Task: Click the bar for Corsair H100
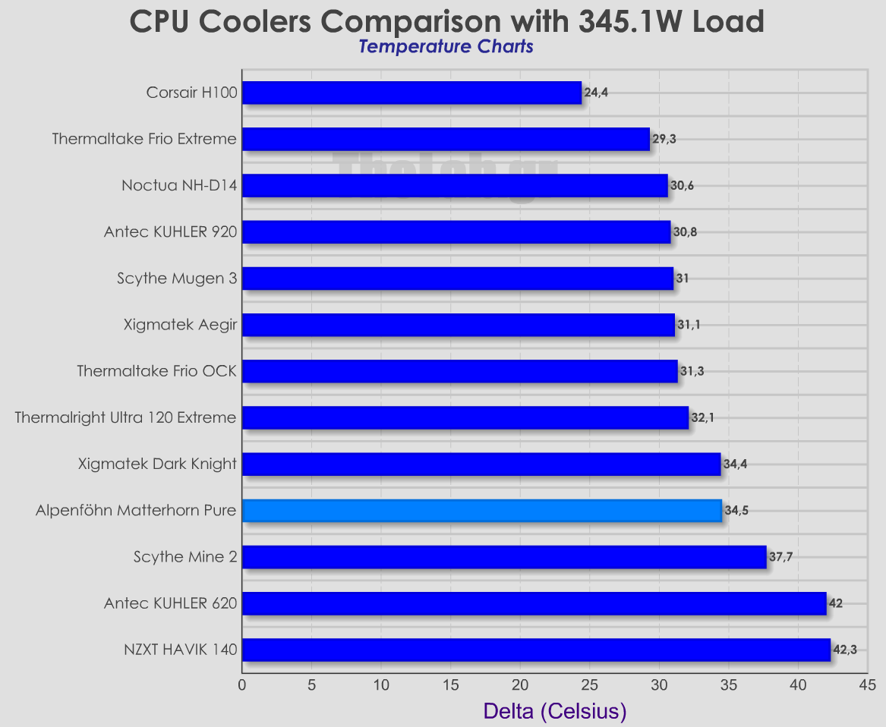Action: pos(411,93)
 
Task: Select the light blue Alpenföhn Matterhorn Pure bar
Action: pos(482,511)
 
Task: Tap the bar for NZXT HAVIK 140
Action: pos(536,650)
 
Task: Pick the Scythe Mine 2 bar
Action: pos(504,557)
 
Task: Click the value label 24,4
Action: pos(596,93)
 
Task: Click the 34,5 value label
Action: pos(736,511)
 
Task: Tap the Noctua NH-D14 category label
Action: pos(179,186)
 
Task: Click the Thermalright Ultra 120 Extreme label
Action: pos(126,417)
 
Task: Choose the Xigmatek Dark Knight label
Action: pos(157,464)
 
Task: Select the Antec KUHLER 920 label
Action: pos(170,232)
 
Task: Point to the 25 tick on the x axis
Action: pos(590,685)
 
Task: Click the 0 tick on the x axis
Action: pos(242,685)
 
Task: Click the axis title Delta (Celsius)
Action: pos(554,711)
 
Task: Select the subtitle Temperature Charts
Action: pos(446,46)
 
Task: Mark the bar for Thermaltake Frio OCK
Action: pos(459,371)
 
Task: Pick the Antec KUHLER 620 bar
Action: pos(534,603)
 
